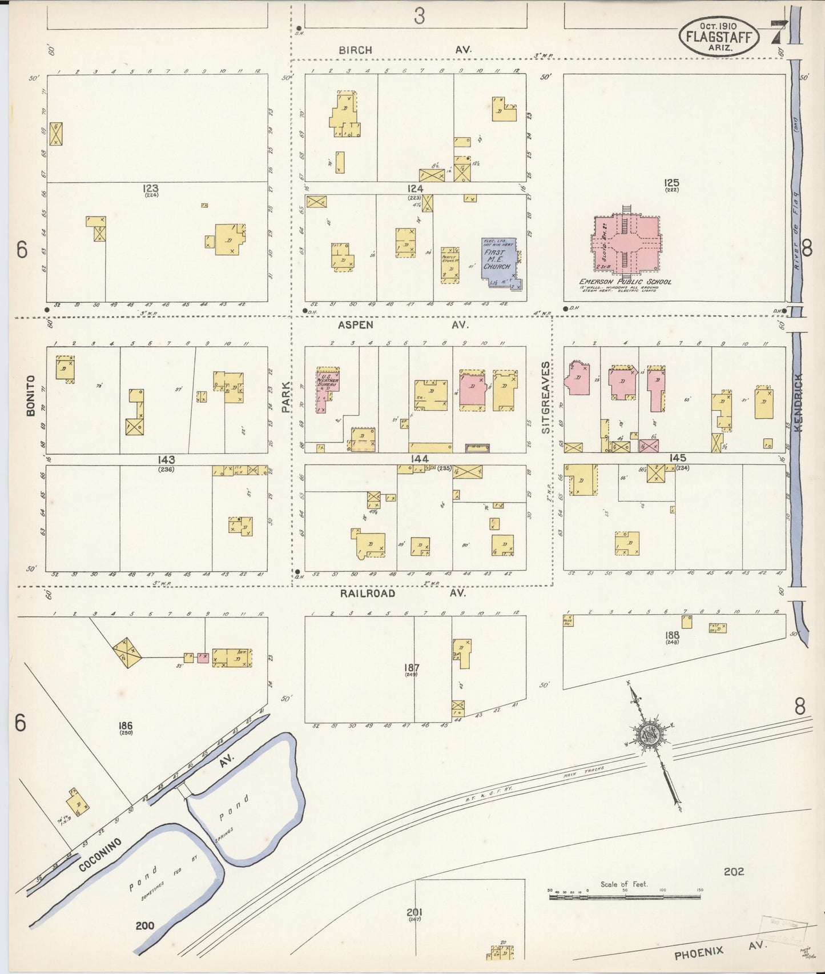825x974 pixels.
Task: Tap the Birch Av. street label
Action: (404, 50)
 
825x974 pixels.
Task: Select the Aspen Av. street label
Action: (403, 324)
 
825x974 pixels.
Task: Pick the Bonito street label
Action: (31, 395)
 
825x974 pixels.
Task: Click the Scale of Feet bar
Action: (625, 897)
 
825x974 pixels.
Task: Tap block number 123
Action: (151, 188)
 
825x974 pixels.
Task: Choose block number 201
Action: (414, 928)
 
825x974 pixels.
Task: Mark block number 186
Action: (126, 726)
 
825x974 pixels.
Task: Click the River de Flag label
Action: (795, 230)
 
